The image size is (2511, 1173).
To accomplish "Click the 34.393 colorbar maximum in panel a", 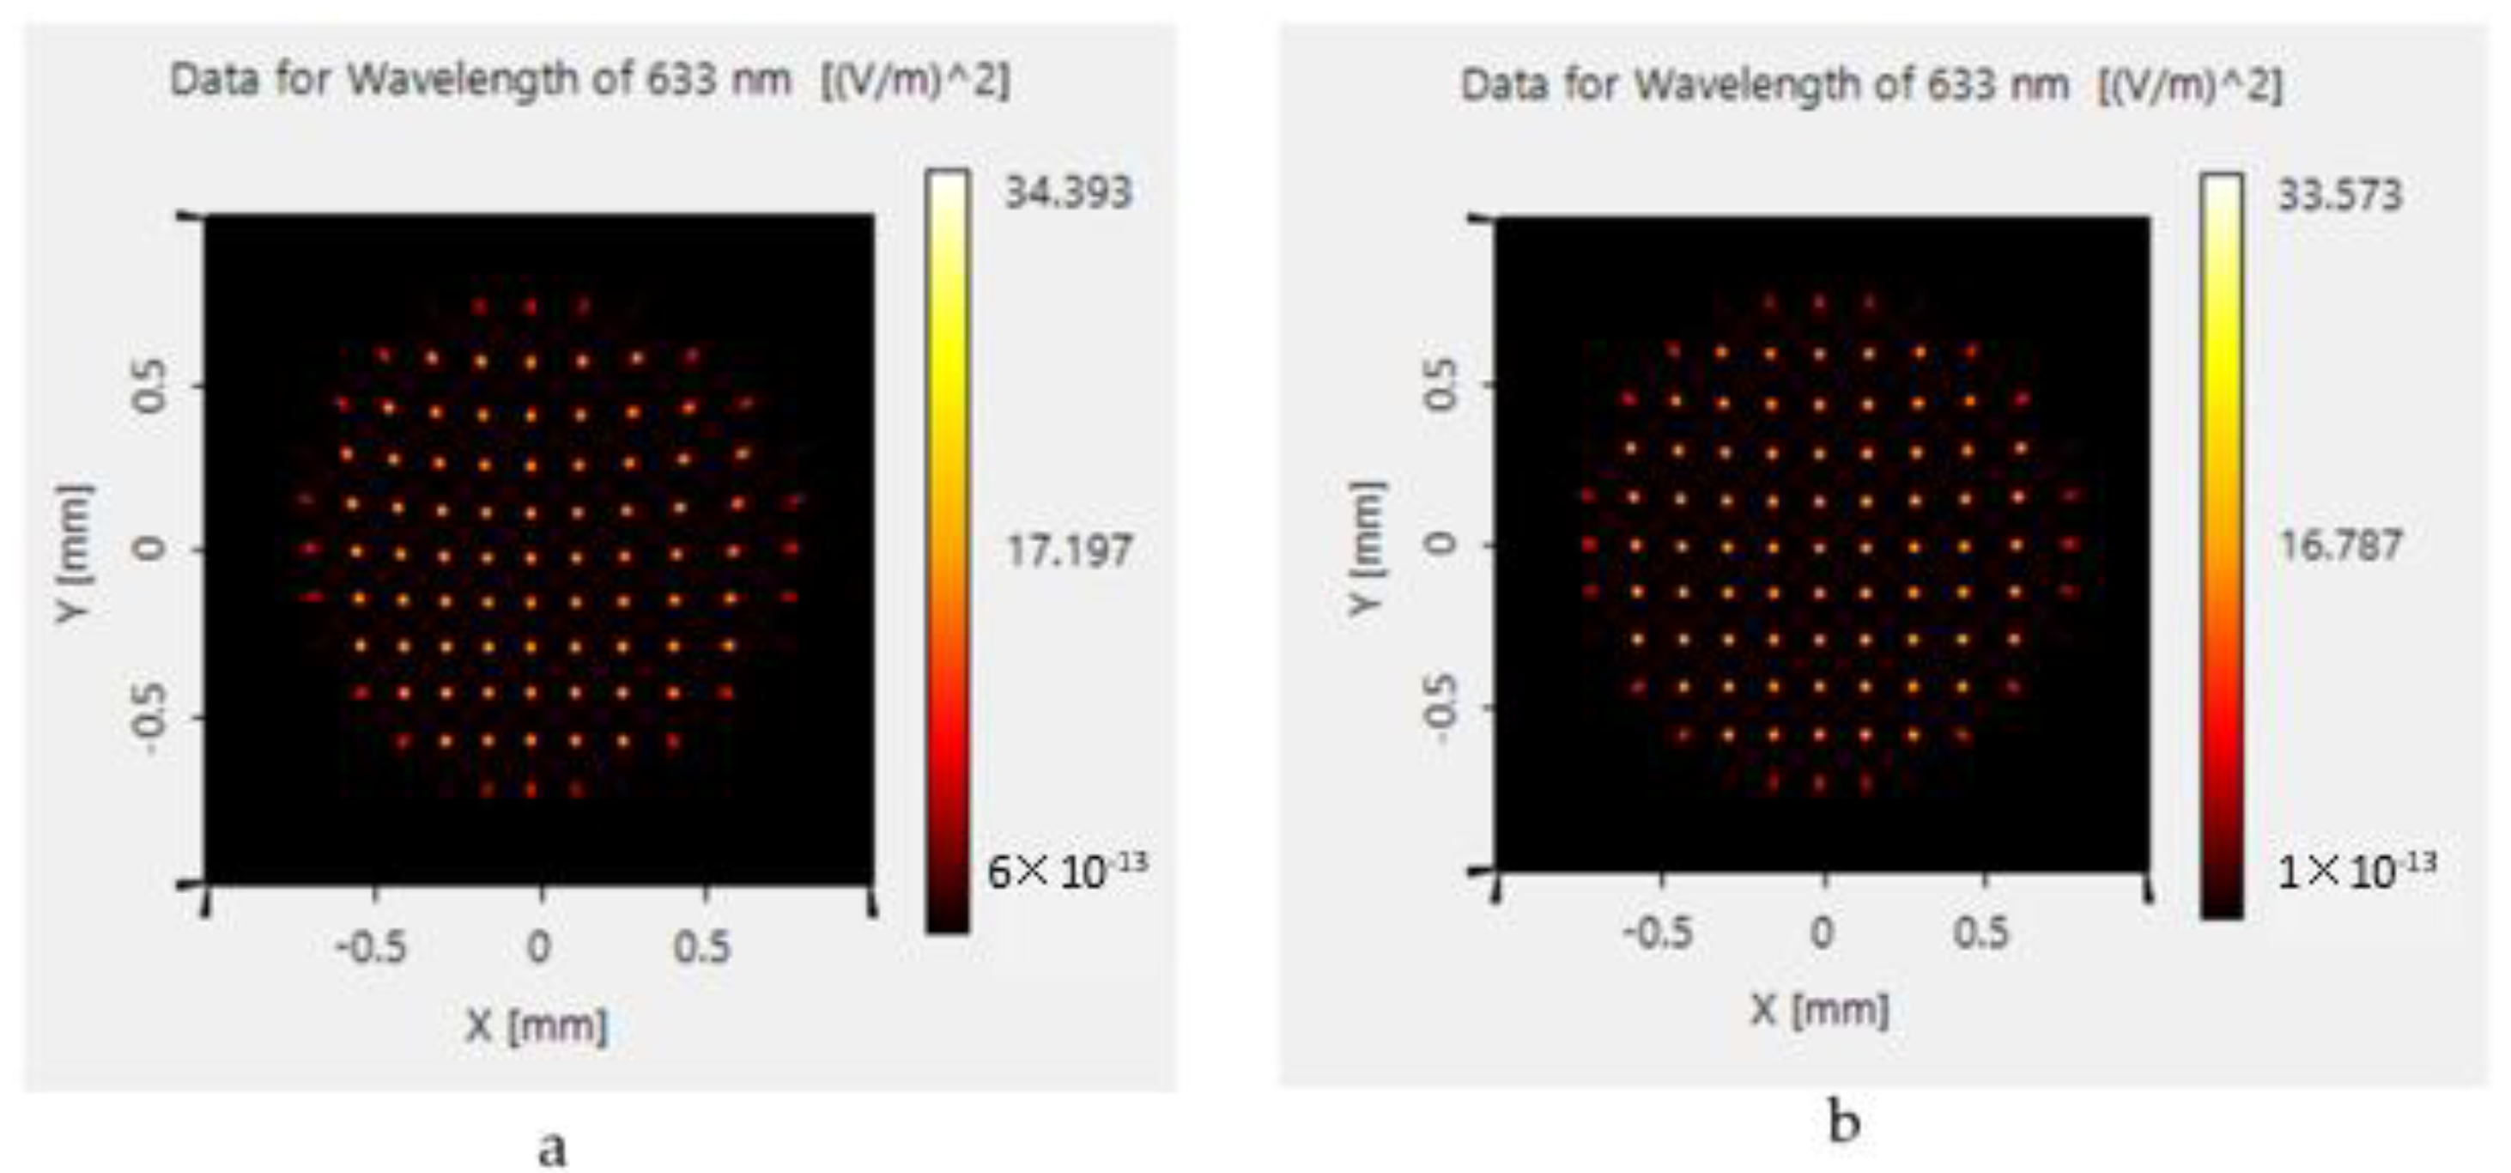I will tap(1067, 192).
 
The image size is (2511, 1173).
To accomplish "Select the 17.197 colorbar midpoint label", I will tap(1068, 552).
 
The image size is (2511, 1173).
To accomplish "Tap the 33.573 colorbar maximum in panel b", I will tap(2339, 195).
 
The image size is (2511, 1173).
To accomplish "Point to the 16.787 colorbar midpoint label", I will tap(2339, 545).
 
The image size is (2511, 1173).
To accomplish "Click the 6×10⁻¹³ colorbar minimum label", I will tap(1066, 870).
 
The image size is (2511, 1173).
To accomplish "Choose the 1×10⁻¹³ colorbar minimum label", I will tap(2355, 870).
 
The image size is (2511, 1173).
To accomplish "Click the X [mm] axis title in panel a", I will tap(537, 1026).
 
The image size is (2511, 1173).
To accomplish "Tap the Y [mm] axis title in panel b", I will tap(1368, 548).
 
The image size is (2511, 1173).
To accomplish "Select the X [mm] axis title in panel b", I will tap(1819, 1009).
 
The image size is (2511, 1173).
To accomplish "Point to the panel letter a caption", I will tap(552, 1146).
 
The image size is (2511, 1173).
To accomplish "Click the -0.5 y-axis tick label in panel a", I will tap(149, 718).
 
